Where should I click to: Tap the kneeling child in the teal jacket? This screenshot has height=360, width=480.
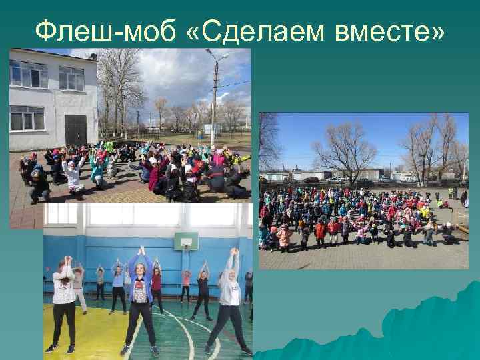click(97, 171)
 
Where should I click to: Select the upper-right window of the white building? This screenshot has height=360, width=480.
click(71, 78)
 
